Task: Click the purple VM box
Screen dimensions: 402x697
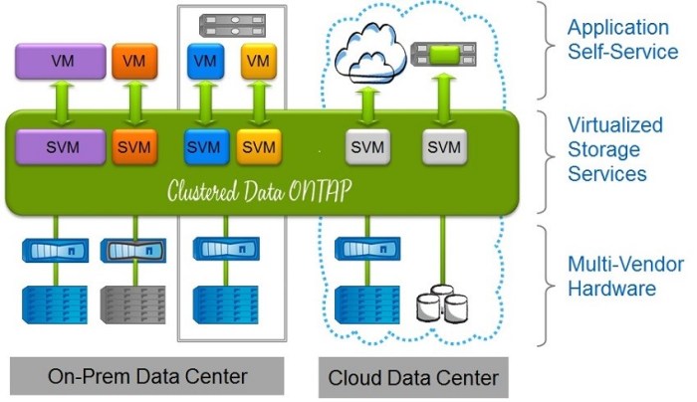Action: pos(62,63)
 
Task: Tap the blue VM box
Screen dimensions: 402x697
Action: pos(204,62)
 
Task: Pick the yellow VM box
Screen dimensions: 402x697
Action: pos(258,62)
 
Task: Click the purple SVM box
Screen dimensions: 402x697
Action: pos(62,147)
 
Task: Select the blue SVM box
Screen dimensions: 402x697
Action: pos(204,147)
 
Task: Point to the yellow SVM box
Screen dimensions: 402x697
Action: pos(258,147)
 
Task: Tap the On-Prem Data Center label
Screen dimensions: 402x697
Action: pos(147,376)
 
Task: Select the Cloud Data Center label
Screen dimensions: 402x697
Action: pos(413,377)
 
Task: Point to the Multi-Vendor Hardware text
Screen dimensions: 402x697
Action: pos(610,277)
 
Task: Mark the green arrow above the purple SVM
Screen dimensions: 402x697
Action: pos(62,104)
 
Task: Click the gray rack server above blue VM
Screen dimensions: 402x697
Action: pos(231,23)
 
